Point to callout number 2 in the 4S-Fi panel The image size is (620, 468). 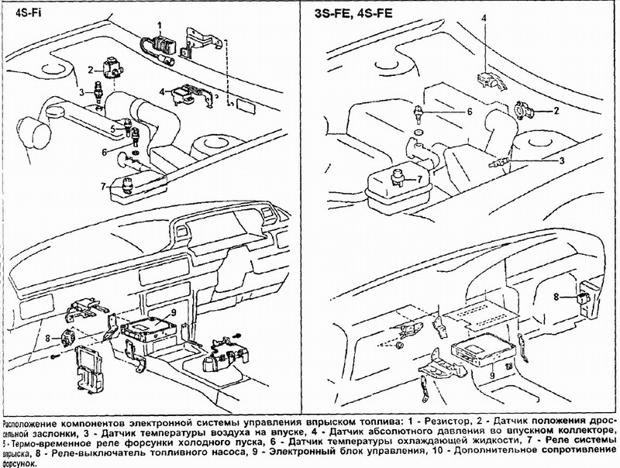(91, 69)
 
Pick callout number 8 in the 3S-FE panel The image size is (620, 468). (556, 296)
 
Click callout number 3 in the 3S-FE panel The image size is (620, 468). (562, 160)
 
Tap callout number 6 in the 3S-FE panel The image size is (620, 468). (469, 112)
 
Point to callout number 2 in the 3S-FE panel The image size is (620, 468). (556, 111)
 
